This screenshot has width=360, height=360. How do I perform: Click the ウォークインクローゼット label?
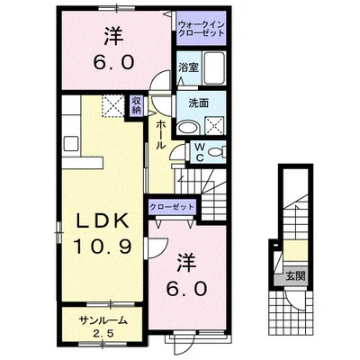[201, 29]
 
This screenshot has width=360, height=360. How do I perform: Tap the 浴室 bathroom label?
[188, 67]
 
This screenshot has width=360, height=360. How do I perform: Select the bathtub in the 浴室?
[214, 68]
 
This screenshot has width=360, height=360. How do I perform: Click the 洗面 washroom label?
[198, 103]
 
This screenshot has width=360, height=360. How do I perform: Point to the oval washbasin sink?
[187, 128]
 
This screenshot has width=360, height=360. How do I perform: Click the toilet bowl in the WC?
[215, 153]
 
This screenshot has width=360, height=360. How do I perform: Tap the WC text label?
[201, 152]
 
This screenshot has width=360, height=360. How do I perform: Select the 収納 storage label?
[136, 105]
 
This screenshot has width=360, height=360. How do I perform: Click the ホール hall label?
[161, 134]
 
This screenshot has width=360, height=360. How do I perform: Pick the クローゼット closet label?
[172, 207]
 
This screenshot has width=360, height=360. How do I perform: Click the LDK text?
[103, 222]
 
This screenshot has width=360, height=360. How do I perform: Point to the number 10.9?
[103, 247]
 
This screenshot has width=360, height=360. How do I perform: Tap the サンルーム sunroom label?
[103, 320]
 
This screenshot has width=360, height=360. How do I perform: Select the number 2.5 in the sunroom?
[103, 334]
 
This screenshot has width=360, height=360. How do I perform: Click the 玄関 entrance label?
[295, 275]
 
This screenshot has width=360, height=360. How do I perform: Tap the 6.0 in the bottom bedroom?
[187, 289]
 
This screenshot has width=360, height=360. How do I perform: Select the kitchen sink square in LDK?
[71, 144]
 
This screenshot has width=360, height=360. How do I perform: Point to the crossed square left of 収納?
[113, 105]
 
